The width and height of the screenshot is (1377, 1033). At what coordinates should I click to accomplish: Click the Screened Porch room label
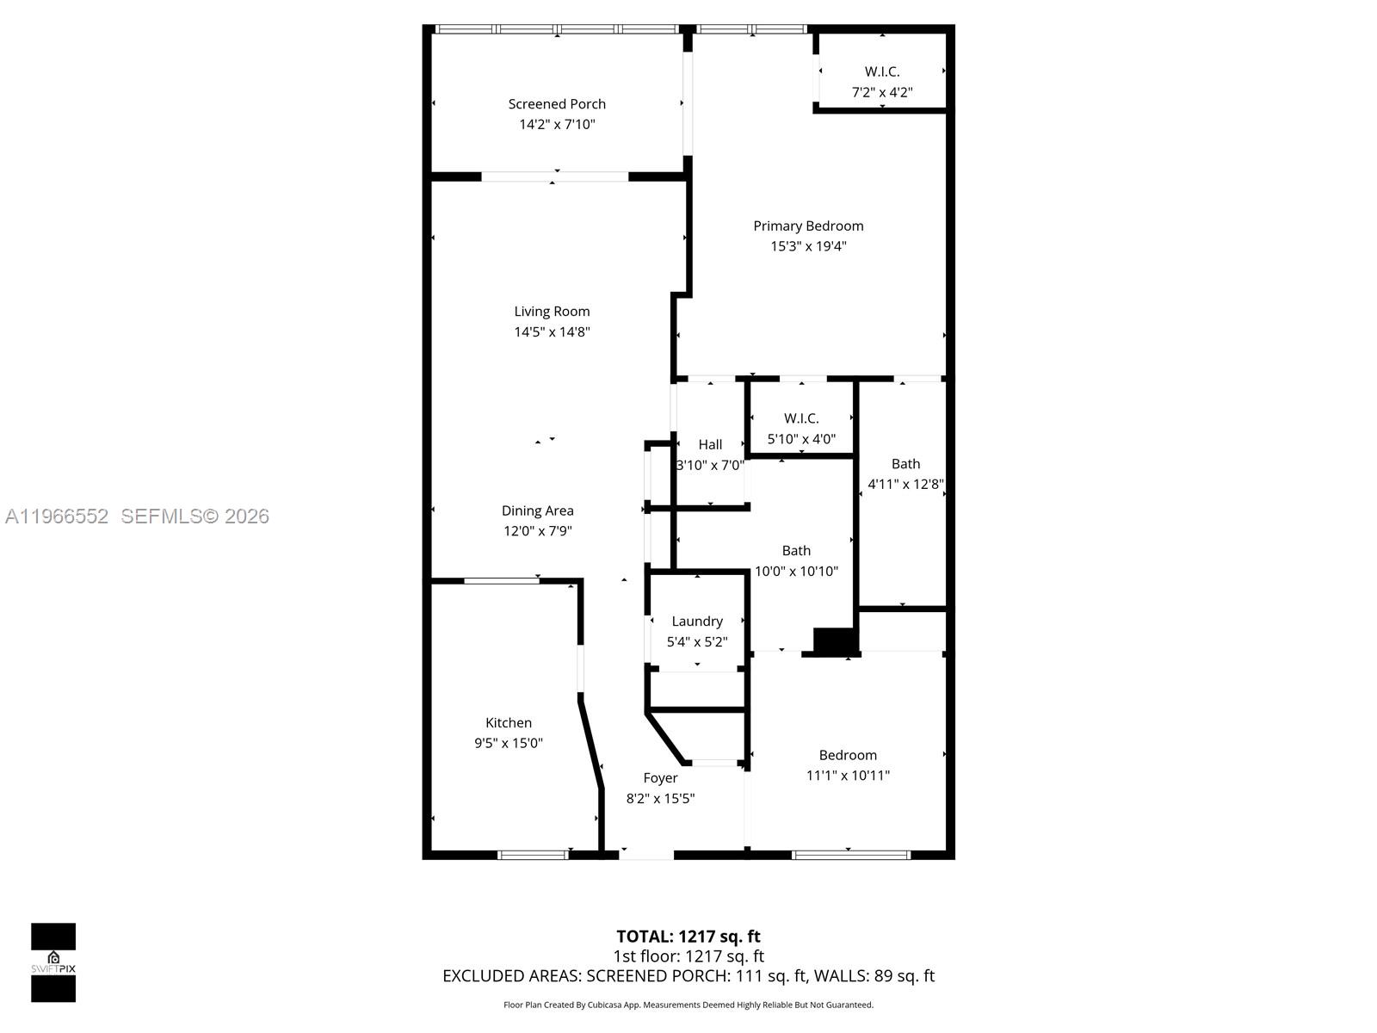tap(557, 104)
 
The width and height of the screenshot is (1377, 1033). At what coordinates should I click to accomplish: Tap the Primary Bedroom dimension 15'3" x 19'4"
tap(808, 246)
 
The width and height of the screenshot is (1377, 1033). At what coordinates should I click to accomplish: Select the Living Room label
tap(552, 312)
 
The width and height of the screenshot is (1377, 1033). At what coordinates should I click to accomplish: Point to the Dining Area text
tap(537, 510)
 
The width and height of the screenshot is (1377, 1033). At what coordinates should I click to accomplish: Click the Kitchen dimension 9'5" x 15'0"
tap(508, 743)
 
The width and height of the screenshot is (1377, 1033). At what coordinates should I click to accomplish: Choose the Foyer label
tap(660, 778)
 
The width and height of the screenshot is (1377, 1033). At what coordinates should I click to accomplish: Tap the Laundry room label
tap(697, 622)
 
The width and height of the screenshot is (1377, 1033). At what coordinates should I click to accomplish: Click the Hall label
tap(710, 445)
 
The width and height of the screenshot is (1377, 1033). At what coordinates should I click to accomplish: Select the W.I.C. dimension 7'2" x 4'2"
tap(881, 93)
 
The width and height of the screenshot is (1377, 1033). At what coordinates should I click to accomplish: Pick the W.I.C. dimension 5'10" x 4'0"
tap(801, 439)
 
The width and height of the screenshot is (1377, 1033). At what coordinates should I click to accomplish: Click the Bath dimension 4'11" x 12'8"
tap(905, 484)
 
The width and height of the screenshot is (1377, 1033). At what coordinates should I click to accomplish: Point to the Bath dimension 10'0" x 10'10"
tap(795, 572)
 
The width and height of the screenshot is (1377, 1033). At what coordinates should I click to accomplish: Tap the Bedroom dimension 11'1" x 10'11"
tap(848, 776)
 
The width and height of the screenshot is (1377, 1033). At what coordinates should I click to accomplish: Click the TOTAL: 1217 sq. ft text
tap(688, 937)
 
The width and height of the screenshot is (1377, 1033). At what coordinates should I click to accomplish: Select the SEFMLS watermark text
tap(195, 516)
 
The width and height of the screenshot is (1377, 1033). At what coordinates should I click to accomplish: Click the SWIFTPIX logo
tap(53, 962)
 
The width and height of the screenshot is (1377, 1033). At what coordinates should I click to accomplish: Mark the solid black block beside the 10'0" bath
tap(834, 641)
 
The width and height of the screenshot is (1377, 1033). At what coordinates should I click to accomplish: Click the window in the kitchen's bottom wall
tap(533, 855)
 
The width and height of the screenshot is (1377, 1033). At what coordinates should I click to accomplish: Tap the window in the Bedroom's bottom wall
tap(850, 855)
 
